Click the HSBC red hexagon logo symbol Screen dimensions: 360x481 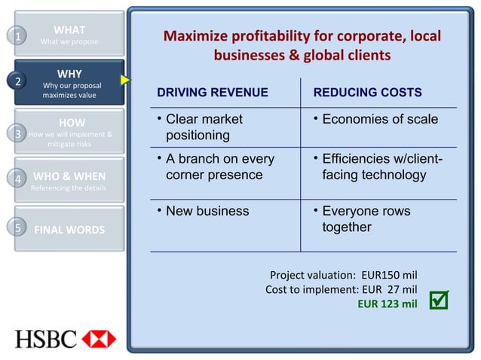pos(99,339)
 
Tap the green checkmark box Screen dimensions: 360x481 pos(439,301)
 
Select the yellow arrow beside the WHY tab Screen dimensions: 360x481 pos(124,79)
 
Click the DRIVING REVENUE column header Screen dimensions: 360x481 pos(212,93)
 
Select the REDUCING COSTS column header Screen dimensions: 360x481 pos(367,93)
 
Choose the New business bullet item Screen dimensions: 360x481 pos(207,212)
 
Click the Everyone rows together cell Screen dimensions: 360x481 pos(366,219)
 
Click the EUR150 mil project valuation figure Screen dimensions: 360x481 pos(390,274)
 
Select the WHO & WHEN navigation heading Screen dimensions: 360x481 pos(69,177)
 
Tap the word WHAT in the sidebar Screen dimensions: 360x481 pos(69,30)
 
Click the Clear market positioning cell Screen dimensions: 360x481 pos(204,127)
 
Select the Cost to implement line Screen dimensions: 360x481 pos(342,289)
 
